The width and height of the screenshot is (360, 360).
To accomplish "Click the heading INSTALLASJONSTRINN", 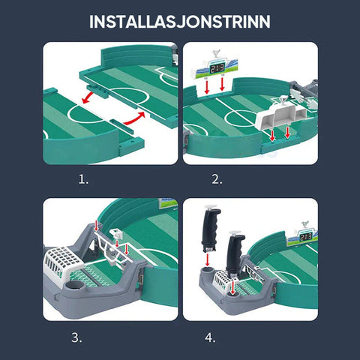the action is click(x=180, y=22).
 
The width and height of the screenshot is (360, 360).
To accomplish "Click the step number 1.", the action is click(x=83, y=179).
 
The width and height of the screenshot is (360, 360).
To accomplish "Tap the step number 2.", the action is click(x=217, y=179).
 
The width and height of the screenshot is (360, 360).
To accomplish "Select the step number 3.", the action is click(x=76, y=337).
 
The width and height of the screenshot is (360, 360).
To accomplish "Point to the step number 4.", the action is click(x=210, y=337).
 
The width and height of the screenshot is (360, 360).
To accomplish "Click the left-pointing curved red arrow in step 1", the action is click(x=88, y=98).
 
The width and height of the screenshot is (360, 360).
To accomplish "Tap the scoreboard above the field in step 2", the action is click(x=214, y=67).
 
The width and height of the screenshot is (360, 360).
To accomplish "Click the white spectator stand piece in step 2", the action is click(x=281, y=115).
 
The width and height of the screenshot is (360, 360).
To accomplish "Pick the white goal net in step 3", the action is click(x=62, y=262).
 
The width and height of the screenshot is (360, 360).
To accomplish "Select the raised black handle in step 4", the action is click(x=211, y=229).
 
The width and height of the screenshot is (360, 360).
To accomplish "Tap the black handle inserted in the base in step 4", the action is click(x=235, y=253).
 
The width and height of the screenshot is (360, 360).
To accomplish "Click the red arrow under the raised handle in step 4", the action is click(x=207, y=259).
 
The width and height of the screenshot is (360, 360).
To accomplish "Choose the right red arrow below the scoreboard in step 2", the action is click(x=222, y=84).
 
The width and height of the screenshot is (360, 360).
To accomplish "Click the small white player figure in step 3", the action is click(x=115, y=234).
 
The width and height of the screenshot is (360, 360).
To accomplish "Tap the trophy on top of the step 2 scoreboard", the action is click(x=215, y=54).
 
